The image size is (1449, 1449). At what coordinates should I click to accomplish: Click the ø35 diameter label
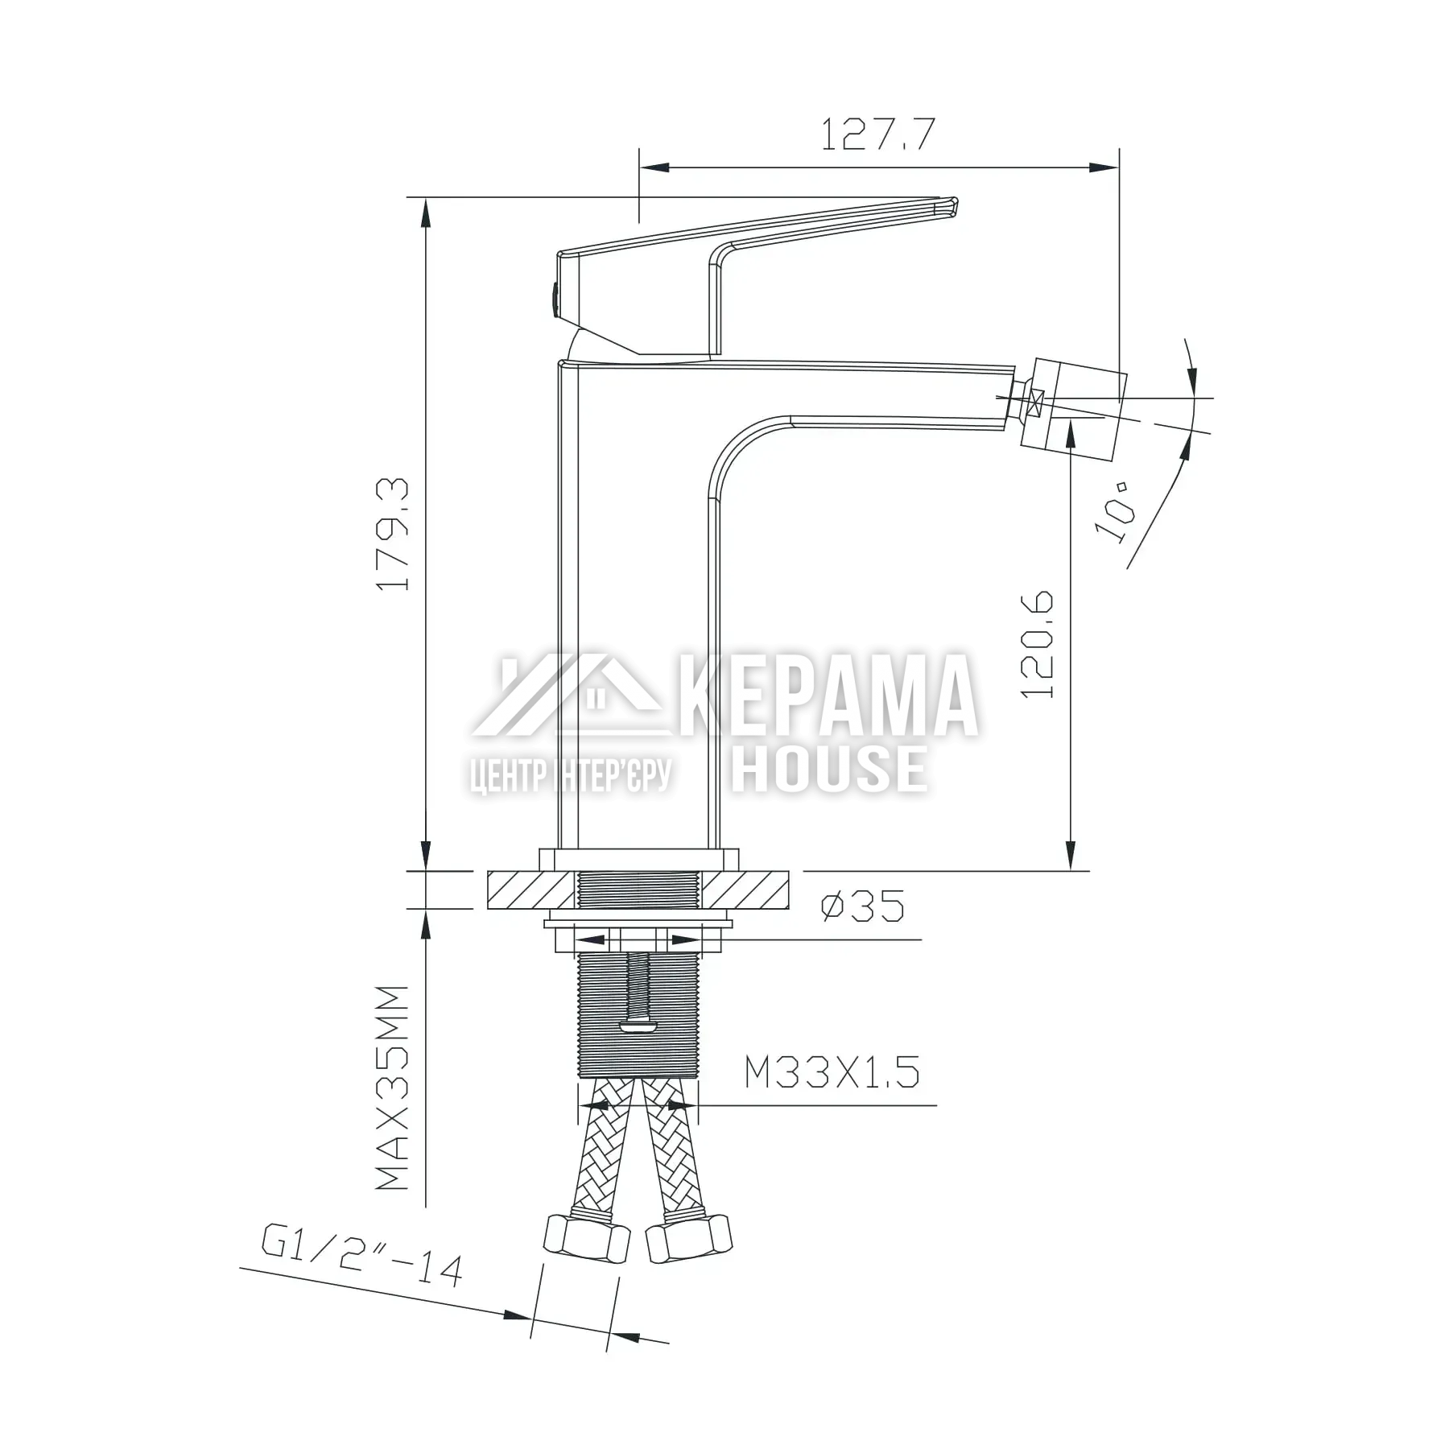(x=863, y=906)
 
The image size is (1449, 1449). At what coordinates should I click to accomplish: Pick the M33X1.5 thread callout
(x=832, y=1072)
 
